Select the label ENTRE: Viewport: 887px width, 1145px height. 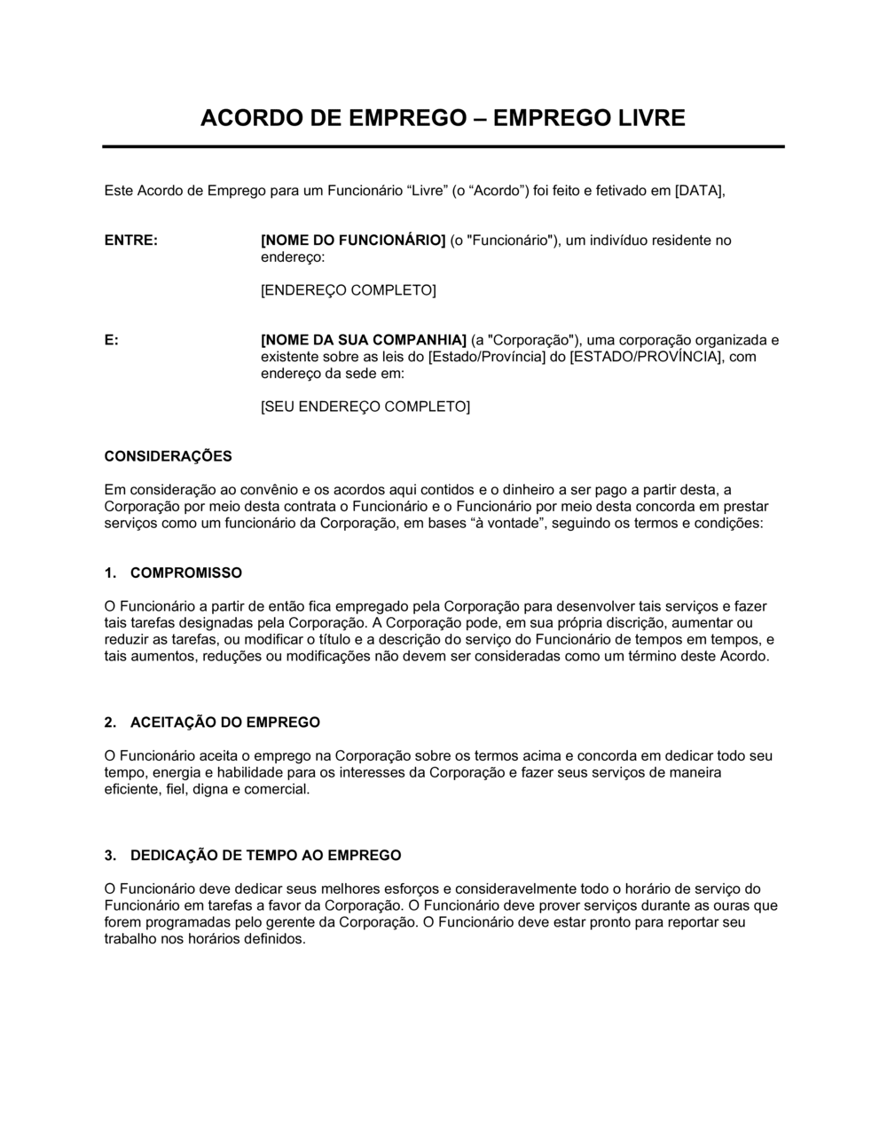(131, 241)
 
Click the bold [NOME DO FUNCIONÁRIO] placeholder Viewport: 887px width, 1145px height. (353, 241)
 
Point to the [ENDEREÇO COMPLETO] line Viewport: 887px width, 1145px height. (348, 290)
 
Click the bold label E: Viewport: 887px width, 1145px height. (112, 340)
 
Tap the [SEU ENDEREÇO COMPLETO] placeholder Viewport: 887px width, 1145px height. (365, 407)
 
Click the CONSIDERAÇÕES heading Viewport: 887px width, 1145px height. (169, 456)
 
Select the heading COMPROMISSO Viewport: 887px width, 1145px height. (186, 572)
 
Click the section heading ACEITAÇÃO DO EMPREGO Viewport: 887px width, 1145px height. (225, 723)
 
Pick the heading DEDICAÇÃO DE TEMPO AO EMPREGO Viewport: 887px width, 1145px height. (266, 856)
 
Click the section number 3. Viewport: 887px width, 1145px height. (109, 856)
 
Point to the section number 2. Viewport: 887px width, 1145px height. (109, 723)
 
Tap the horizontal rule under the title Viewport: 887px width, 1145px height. (443, 146)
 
